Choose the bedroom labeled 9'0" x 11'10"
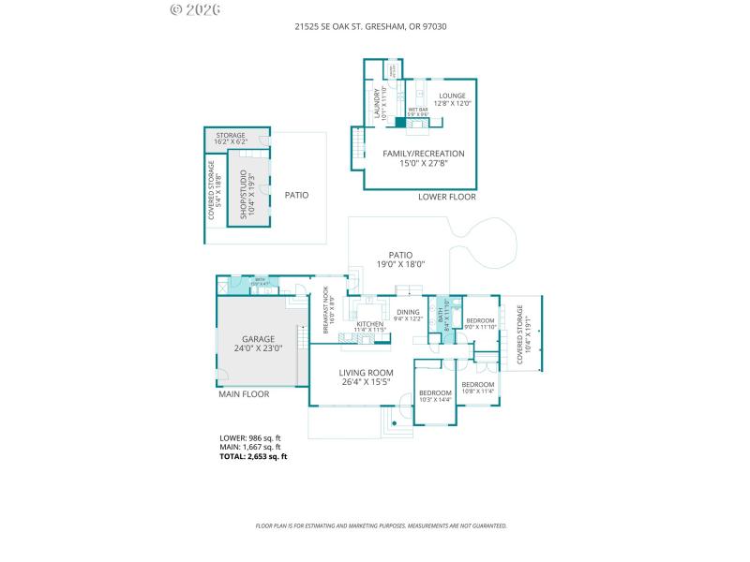coord(480,323)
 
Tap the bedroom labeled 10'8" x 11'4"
coord(477,388)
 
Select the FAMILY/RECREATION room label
coord(423,157)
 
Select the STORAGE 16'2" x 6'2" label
coord(231,139)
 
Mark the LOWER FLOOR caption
coord(447,197)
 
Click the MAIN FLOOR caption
coord(244,394)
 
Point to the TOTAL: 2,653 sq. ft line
coord(253,456)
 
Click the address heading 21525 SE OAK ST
coord(375,26)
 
